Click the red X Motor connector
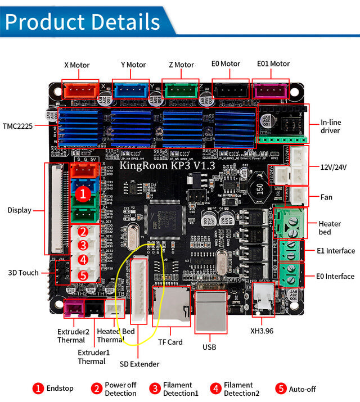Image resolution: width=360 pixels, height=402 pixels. pyautogui.click(x=80, y=89)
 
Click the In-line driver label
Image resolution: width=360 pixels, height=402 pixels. pyautogui.click(x=330, y=127)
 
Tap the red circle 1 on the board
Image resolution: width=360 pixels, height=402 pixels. pyautogui.click(x=83, y=194)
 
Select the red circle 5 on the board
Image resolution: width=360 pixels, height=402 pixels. pyautogui.click(x=83, y=275)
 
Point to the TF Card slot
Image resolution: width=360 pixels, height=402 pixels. pyautogui.click(x=171, y=306)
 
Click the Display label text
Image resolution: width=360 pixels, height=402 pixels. pyautogui.click(x=20, y=210)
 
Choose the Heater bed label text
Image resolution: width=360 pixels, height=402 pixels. pyautogui.click(x=330, y=228)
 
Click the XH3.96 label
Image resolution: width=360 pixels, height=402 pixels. pyautogui.click(x=262, y=331)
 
